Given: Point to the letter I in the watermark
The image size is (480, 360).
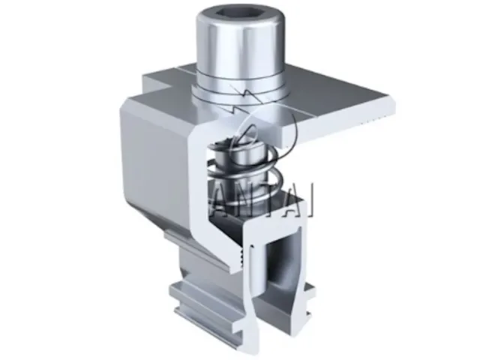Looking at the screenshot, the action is click(x=308, y=202).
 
